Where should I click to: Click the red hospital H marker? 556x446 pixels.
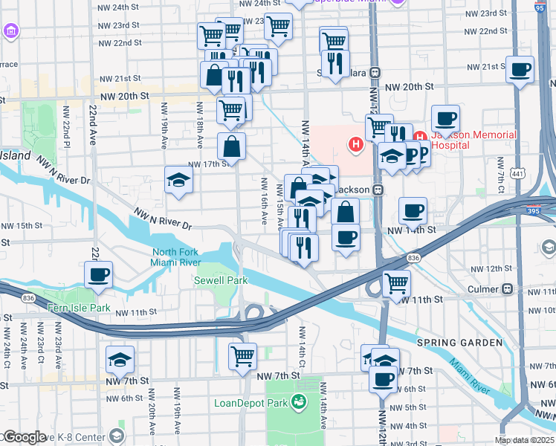click(356, 143)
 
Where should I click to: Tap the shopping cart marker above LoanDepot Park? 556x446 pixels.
click(242, 356)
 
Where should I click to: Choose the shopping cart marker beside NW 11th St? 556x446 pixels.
click(397, 283)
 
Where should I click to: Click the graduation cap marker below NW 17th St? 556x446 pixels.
click(178, 181)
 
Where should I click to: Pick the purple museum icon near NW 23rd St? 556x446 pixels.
click(11, 31)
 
